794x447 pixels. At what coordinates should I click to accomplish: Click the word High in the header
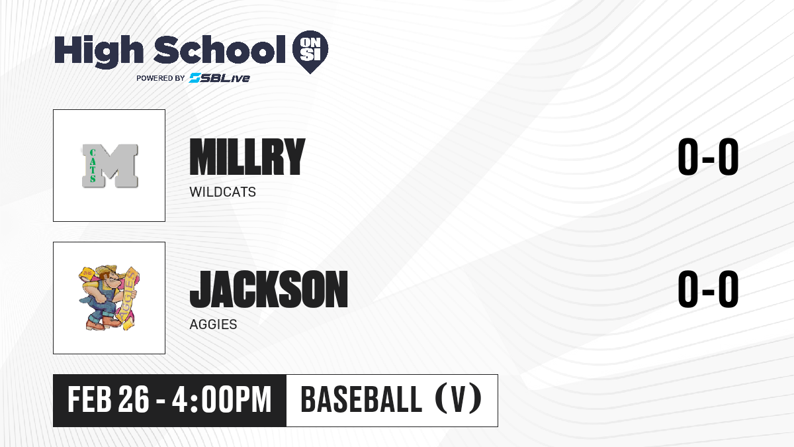(99, 52)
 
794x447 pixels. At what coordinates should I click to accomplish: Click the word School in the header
(220, 49)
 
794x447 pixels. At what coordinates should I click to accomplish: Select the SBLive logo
(220, 78)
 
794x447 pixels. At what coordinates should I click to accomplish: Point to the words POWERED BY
(161, 78)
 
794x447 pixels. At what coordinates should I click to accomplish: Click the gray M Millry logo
(110, 166)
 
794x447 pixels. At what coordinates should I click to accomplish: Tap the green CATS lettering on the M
(93, 166)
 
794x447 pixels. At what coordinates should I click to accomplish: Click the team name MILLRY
(247, 156)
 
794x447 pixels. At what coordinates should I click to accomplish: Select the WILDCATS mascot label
(222, 192)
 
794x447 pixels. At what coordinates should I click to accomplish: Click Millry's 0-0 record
(708, 156)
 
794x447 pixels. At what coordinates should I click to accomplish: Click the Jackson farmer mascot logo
(109, 298)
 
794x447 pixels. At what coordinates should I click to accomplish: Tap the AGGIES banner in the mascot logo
(128, 297)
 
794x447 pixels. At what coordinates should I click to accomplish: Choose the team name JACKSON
(269, 289)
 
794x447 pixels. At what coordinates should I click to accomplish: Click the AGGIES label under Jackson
(213, 324)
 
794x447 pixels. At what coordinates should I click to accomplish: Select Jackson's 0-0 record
(708, 289)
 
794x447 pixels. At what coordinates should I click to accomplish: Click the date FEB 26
(109, 399)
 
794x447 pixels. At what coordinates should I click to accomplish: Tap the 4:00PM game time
(222, 399)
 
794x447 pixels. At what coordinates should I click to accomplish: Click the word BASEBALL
(361, 399)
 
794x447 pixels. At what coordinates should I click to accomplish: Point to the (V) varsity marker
(459, 399)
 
